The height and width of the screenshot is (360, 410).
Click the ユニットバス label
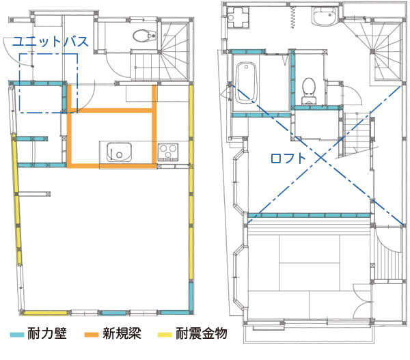point(50,42)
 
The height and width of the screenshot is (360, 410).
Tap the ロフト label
point(288,158)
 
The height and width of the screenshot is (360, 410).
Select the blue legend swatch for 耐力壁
point(17,334)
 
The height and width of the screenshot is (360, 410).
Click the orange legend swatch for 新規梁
point(92,334)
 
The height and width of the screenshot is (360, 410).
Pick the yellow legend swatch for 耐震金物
point(165,334)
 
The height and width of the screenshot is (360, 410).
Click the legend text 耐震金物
point(201,333)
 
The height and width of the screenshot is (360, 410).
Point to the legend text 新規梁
point(122,333)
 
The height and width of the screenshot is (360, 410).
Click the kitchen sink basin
point(119,152)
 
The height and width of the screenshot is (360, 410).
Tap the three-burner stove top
point(168,152)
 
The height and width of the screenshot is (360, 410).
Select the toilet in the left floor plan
point(144,36)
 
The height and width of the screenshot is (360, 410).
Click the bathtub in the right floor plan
point(246,83)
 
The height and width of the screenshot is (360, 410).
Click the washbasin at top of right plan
point(324,16)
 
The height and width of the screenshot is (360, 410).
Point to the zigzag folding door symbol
point(293,17)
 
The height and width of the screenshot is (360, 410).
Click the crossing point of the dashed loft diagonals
point(321,157)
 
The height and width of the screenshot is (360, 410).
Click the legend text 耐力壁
point(47,333)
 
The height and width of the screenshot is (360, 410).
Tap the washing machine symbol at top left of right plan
point(238,17)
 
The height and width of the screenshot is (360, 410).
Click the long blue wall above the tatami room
point(309,216)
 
